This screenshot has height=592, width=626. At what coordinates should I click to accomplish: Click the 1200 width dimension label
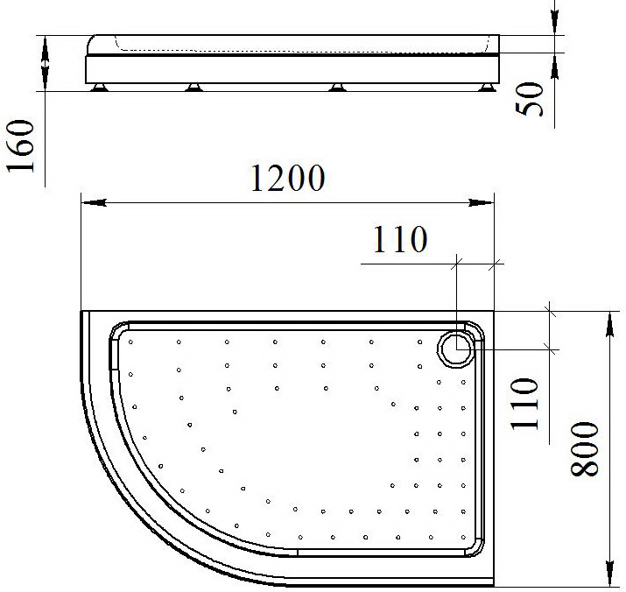pos(287,178)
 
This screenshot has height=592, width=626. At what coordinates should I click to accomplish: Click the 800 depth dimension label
pos(584,449)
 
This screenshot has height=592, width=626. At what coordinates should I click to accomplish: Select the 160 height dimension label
pos(20,145)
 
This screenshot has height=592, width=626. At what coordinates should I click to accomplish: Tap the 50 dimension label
pos(530,99)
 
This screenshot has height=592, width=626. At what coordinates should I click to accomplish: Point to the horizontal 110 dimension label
pos(400,239)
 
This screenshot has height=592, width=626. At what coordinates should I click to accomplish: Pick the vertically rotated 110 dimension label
pos(524,404)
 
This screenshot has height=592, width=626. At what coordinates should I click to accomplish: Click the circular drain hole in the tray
pos(457,349)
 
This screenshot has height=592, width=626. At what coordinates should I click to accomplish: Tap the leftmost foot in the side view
pos(99,88)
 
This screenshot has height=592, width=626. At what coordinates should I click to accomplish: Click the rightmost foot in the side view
pos(487,88)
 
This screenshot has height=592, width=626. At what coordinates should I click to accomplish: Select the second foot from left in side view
pos(194,88)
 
